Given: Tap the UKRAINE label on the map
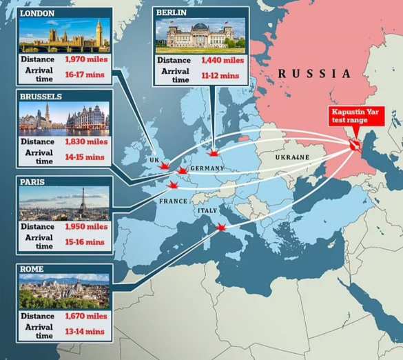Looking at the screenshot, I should click(x=293, y=158).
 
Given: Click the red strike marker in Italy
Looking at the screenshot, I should click(x=221, y=228).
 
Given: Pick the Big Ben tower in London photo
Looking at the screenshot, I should click(x=99, y=34).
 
